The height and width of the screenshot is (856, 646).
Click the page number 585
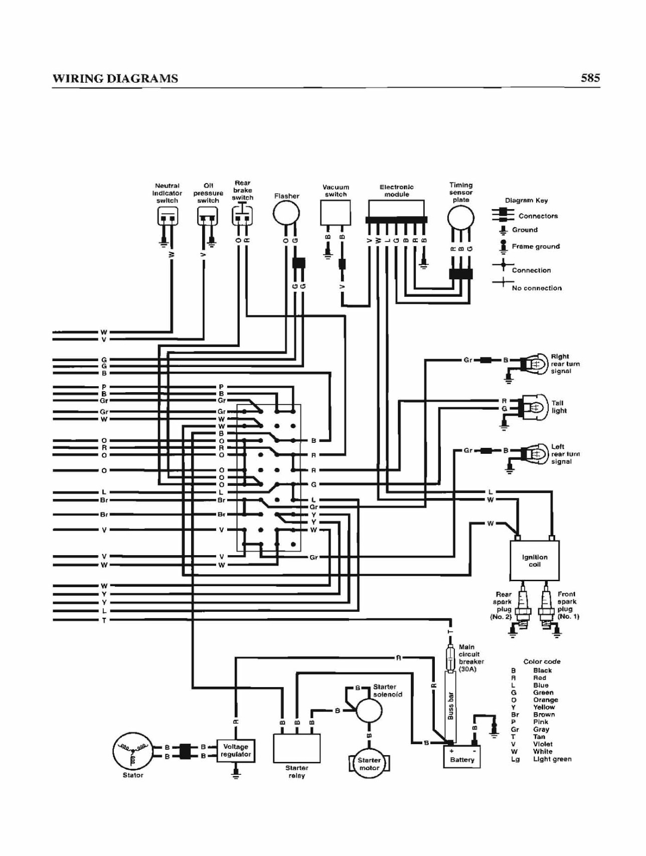(590, 78)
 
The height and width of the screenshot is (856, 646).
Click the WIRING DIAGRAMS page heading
(115, 78)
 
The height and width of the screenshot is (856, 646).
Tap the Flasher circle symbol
(286, 213)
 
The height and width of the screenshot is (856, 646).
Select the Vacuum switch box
(336, 213)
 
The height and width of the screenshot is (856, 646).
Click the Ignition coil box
(535, 560)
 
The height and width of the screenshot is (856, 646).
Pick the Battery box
(462, 757)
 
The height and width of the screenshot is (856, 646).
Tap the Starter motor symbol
(369, 764)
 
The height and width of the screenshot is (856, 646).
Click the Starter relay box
(296, 748)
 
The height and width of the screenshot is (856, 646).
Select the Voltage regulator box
(236, 751)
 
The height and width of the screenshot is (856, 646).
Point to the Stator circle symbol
(132, 751)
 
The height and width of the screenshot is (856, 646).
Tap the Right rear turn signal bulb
(535, 363)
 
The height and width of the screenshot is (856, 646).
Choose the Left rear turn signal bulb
(535, 454)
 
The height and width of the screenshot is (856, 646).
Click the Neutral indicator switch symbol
(168, 217)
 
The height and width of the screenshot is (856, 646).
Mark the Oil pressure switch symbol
(207, 217)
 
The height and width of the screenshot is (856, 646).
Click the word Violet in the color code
(543, 744)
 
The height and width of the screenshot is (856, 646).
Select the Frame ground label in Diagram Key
(536, 246)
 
